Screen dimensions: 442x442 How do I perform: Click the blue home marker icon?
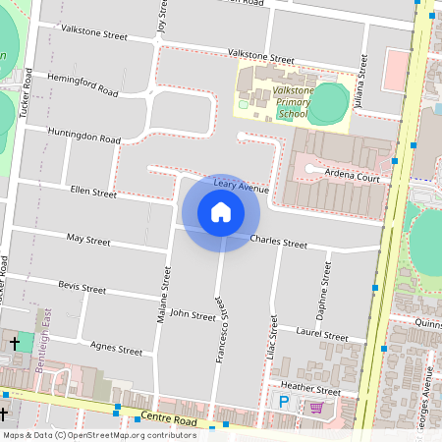click(x=221, y=212)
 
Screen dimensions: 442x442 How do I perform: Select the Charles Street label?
click(x=279, y=241)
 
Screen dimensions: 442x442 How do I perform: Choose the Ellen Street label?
click(x=92, y=193)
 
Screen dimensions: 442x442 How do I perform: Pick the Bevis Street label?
click(x=82, y=289)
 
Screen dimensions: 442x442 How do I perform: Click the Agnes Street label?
click(x=116, y=348)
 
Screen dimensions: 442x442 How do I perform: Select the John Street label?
click(x=192, y=315)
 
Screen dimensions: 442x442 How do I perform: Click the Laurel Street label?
click(x=321, y=336)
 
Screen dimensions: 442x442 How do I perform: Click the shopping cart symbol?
click(x=316, y=406)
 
